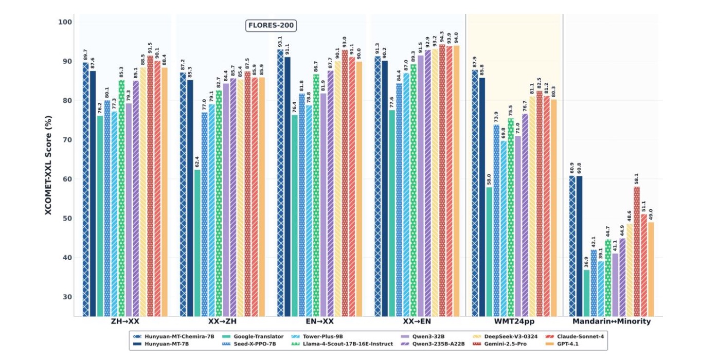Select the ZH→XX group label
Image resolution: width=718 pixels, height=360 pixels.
125,321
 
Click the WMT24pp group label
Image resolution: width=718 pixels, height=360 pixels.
514,321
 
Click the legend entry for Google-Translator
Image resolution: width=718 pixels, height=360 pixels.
253,336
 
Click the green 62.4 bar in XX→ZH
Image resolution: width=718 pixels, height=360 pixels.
198,242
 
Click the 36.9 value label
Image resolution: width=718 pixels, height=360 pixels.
586,262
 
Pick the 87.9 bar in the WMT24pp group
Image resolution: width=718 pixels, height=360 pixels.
475,193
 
